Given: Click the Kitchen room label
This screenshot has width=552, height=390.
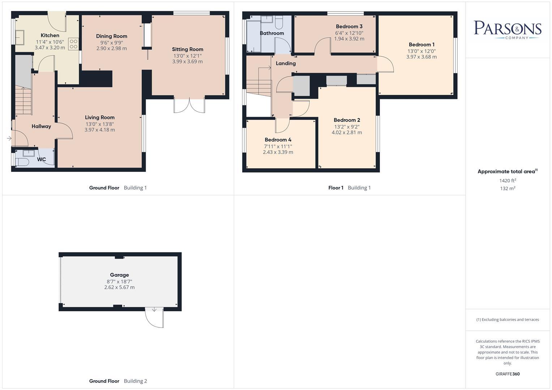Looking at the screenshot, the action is point(50,35).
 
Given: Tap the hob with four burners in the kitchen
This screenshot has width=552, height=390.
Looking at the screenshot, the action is point(73,44).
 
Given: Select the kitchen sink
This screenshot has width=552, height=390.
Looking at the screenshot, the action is point(20,38).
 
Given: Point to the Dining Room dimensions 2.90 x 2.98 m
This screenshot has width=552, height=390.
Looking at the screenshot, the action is point(111,48).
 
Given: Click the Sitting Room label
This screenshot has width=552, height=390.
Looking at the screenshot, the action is point(188,49).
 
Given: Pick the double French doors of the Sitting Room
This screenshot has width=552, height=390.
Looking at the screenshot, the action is point(189,105).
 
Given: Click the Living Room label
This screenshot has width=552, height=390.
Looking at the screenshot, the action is point(99,117).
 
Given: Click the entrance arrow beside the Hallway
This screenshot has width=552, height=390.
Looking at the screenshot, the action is point(9,138).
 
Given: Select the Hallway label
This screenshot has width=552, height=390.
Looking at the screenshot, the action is point(41,126).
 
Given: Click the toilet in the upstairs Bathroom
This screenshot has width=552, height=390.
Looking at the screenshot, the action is point(279,22).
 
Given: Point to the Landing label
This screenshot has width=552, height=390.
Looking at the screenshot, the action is point(286,63).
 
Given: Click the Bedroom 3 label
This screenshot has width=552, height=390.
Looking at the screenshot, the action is point(349,26).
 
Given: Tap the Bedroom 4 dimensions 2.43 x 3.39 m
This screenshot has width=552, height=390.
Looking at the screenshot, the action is point(278,152).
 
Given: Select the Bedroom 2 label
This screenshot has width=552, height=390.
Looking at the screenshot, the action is point(347,120).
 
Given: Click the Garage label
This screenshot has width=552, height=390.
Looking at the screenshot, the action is point(119,275).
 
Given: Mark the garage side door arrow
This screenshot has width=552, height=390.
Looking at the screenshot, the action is point(154,309).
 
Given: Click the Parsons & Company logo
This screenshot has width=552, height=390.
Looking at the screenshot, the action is point(508,30).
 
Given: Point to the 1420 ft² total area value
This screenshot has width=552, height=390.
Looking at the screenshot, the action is point(508,181).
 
